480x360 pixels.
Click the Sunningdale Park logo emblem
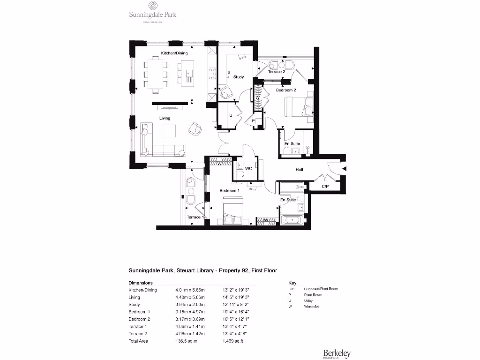[153, 6]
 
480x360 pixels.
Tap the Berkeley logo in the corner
[337, 353]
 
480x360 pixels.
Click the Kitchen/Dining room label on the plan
[174, 53]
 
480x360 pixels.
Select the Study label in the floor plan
[239, 77]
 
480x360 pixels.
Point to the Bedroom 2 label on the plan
[285, 90]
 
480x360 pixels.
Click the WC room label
[248, 168]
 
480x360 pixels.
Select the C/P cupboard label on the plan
[325, 187]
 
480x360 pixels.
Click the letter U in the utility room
[231, 115]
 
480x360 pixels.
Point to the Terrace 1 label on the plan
[195, 217]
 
